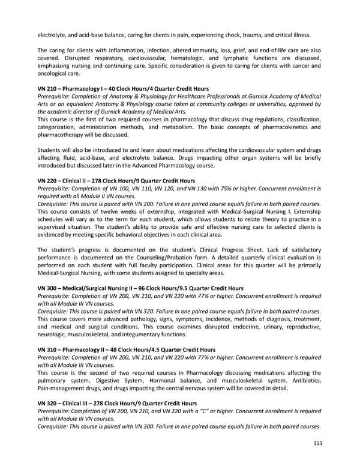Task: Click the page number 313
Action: pos(317,444)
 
